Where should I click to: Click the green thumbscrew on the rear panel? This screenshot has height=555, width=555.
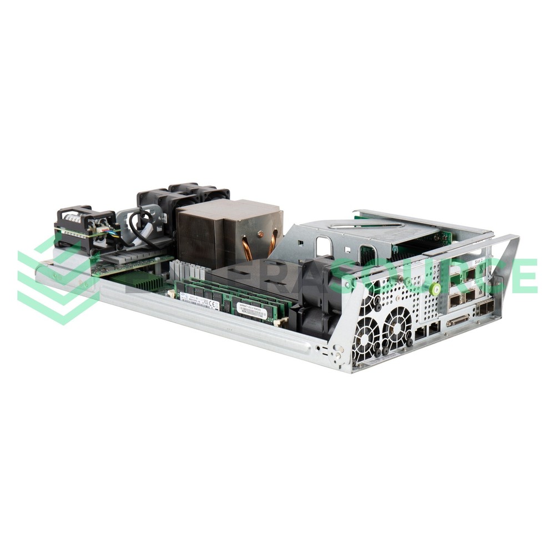[x=436, y=289]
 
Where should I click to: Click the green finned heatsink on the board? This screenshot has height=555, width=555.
[x=133, y=279]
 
